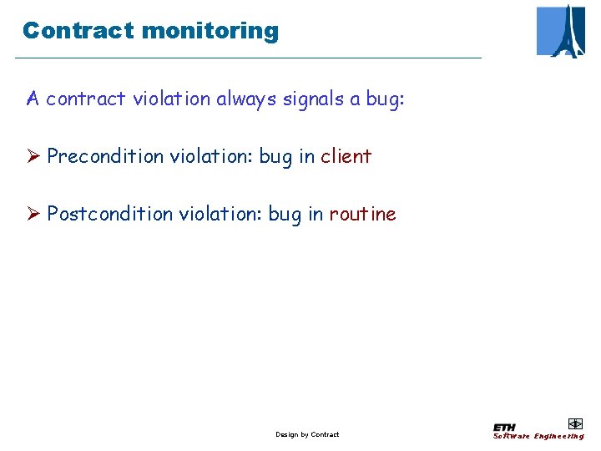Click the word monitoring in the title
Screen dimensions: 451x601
210,32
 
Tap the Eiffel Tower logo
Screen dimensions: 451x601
561,31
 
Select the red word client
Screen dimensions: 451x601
346,156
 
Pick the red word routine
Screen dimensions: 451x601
362,214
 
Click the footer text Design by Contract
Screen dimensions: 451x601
307,434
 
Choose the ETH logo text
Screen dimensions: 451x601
505,427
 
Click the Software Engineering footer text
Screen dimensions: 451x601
538,436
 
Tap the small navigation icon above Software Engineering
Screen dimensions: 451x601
574,423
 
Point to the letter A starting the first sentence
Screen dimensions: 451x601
33,99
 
